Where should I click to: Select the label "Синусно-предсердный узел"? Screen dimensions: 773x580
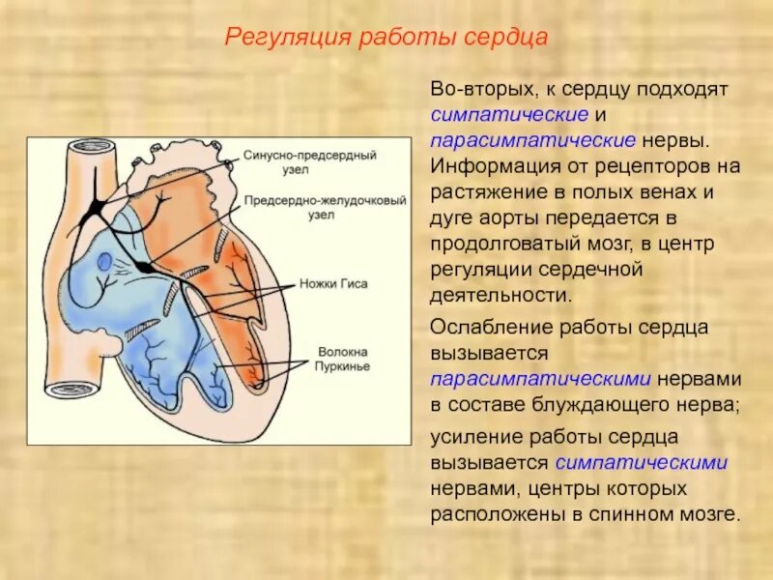coord(297,159)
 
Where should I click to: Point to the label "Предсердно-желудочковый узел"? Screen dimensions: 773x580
coord(301,208)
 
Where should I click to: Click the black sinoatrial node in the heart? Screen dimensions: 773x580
coord(96,205)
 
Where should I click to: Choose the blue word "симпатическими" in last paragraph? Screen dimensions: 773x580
coord(642,462)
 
